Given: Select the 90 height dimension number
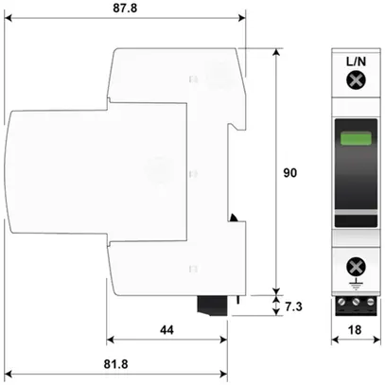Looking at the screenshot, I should (x=292, y=173).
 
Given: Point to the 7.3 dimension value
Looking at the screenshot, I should (x=295, y=306).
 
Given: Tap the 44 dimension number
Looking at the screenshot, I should (x=166, y=330).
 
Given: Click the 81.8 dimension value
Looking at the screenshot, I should (x=117, y=364).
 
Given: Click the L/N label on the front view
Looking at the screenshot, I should (x=357, y=61).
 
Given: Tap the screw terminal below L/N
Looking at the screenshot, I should (x=357, y=81).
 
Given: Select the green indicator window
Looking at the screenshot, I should (x=357, y=142).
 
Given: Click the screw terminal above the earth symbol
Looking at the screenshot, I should (x=357, y=265).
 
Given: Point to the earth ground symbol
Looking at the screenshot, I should (x=357, y=282).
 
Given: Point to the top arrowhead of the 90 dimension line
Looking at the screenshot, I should (x=276, y=49).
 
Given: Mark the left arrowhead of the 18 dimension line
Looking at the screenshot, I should (x=341, y=339).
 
